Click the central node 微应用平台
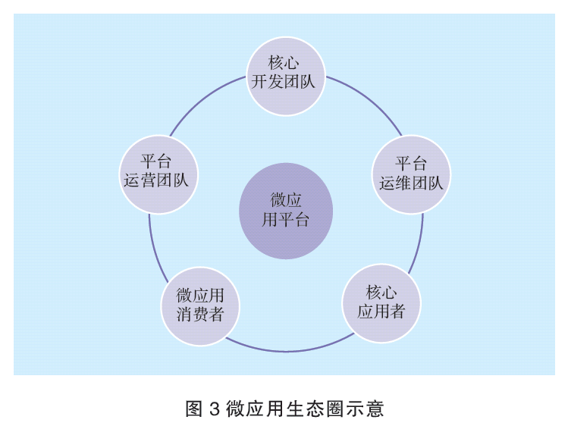(286, 211)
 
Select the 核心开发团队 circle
(286, 73)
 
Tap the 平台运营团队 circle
(158, 171)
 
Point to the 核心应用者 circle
(381, 302)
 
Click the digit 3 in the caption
(214, 410)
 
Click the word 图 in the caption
(193, 410)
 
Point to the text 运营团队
(158, 181)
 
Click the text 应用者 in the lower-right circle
(381, 312)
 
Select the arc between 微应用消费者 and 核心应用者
(288, 351)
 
